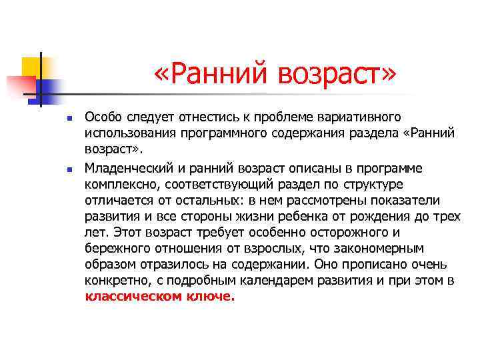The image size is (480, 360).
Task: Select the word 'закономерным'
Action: click(x=383, y=249)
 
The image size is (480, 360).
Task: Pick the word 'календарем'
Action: click(x=279, y=281)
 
